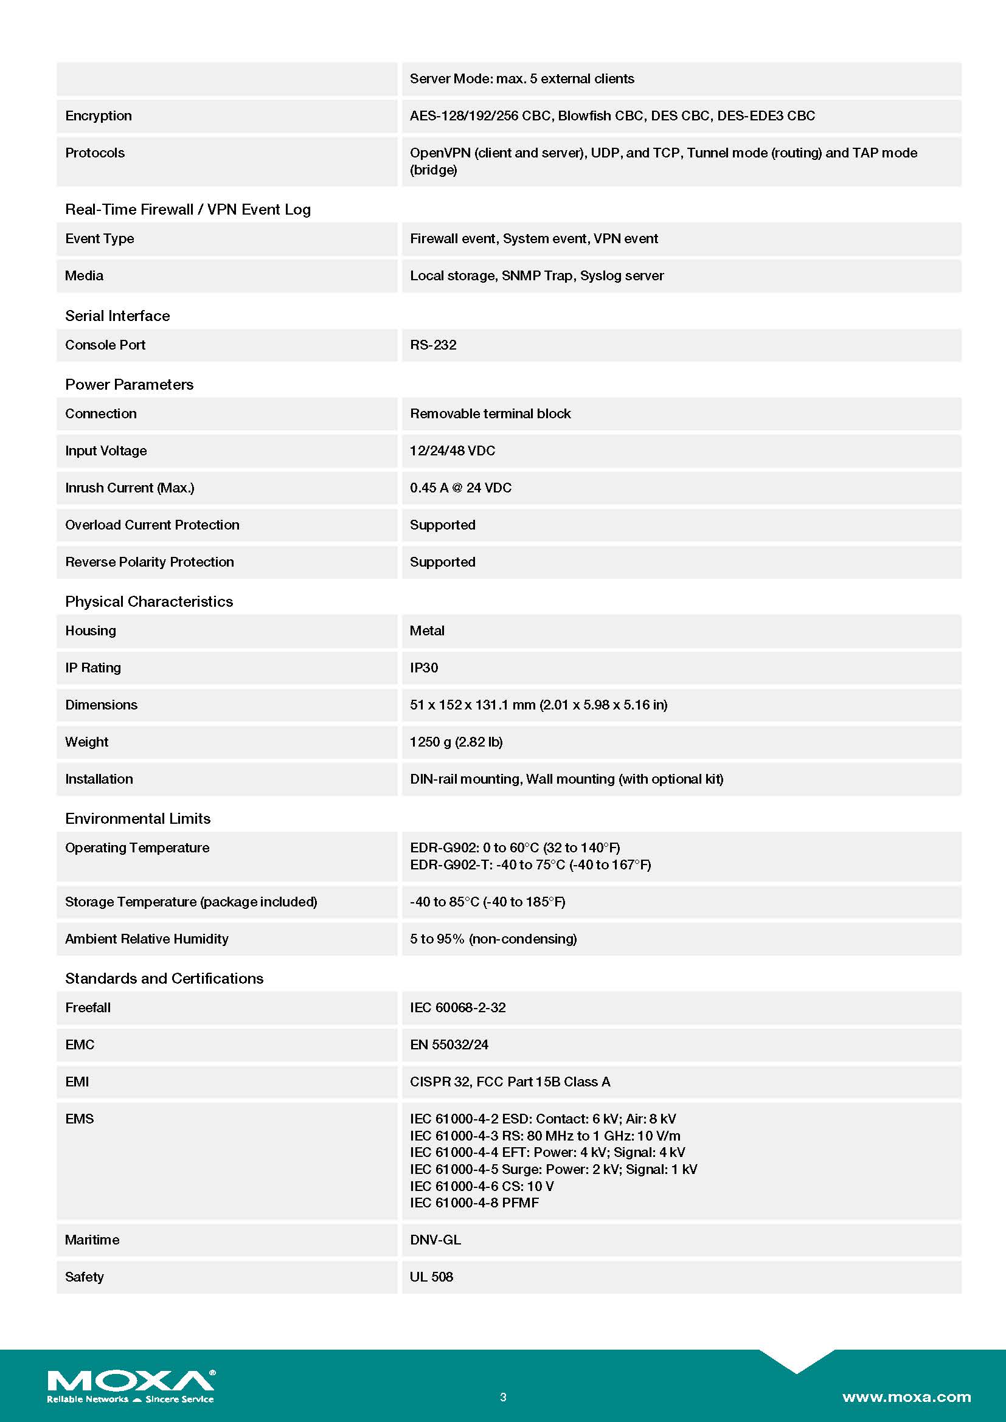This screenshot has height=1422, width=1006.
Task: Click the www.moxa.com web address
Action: click(x=906, y=1396)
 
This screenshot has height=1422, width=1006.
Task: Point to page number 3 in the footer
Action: click(x=503, y=1397)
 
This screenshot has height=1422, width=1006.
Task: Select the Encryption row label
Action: click(x=99, y=116)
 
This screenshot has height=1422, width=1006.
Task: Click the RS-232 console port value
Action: click(x=433, y=345)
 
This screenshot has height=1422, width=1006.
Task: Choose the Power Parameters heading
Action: click(x=129, y=385)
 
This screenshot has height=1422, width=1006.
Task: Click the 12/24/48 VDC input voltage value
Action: click(x=452, y=451)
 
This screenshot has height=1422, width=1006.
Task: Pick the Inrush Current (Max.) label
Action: click(x=130, y=488)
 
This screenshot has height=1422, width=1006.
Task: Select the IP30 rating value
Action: click(x=424, y=668)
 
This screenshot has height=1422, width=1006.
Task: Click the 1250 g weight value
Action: click(x=456, y=742)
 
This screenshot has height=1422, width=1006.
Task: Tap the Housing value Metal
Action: click(x=427, y=630)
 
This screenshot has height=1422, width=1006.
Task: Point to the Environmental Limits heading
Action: click(x=137, y=819)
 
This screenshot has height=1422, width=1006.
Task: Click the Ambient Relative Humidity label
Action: click(x=147, y=939)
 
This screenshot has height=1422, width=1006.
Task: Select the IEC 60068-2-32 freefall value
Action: click(x=458, y=1007)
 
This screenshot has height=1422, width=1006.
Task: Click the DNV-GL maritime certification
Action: click(x=435, y=1240)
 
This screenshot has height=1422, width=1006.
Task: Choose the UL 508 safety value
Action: click(x=431, y=1277)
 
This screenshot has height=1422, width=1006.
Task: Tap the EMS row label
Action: click(x=79, y=1119)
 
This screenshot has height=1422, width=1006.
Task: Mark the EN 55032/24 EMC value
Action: click(x=449, y=1045)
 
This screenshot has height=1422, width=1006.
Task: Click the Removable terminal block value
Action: click(x=490, y=414)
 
